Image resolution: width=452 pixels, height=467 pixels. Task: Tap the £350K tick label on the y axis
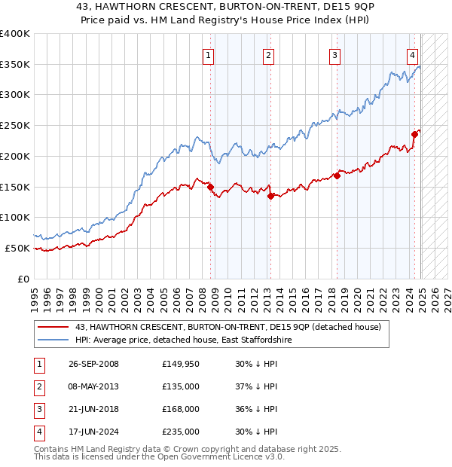[15, 64]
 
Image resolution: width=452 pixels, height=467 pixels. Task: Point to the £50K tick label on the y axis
[17, 248]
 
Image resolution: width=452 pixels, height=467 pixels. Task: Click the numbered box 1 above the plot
[207, 54]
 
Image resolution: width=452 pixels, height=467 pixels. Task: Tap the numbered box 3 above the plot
[334, 54]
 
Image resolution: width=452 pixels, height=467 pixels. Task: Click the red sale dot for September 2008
[210, 187]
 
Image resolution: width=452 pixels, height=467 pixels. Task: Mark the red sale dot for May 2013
[270, 196]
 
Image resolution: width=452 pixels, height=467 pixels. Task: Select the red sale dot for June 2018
[337, 176]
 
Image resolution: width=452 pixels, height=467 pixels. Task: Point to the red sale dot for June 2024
[414, 135]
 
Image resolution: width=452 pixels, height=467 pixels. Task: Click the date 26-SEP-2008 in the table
[93, 364]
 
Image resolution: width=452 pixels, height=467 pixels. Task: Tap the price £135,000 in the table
[181, 386]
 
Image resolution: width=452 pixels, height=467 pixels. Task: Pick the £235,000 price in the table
[181, 432]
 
